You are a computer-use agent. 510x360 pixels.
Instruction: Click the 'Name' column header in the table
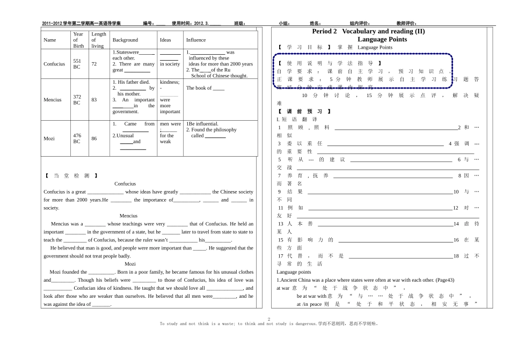tap(49, 40)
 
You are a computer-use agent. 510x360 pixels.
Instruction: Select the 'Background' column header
tap(125, 40)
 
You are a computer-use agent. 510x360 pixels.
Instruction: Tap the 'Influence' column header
tap(196, 40)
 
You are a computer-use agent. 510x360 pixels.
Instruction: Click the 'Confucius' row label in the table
tap(54, 64)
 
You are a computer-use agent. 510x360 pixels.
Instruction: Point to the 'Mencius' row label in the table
tap(53, 99)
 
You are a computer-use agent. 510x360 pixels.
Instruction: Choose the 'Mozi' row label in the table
tap(49, 138)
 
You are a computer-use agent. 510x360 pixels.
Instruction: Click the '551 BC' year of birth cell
tap(77, 64)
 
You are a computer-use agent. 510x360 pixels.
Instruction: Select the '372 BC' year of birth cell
tap(77, 99)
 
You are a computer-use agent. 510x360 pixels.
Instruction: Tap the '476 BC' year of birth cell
tap(77, 138)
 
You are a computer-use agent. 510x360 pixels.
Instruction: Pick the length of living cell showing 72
tap(94, 64)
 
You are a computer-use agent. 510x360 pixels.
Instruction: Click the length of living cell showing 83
tap(94, 99)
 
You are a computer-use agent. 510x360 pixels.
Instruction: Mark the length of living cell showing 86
tap(94, 138)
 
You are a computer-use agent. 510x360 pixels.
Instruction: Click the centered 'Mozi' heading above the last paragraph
tap(130, 264)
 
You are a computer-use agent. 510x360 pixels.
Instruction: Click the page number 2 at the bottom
tap(268, 319)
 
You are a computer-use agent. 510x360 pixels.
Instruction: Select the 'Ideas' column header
tap(165, 40)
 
